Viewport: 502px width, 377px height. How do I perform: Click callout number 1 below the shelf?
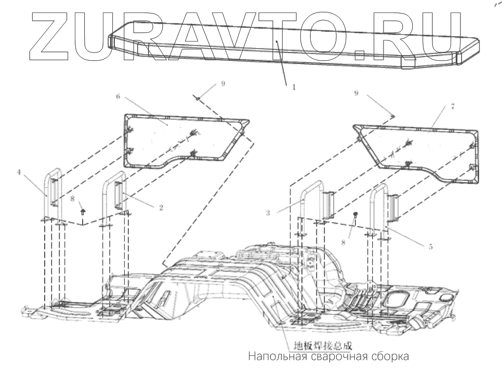coord(293,87)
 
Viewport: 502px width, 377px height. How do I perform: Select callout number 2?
coord(161,208)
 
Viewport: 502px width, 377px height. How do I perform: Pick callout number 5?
coord(430,247)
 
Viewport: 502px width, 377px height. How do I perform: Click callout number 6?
coord(118,97)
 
